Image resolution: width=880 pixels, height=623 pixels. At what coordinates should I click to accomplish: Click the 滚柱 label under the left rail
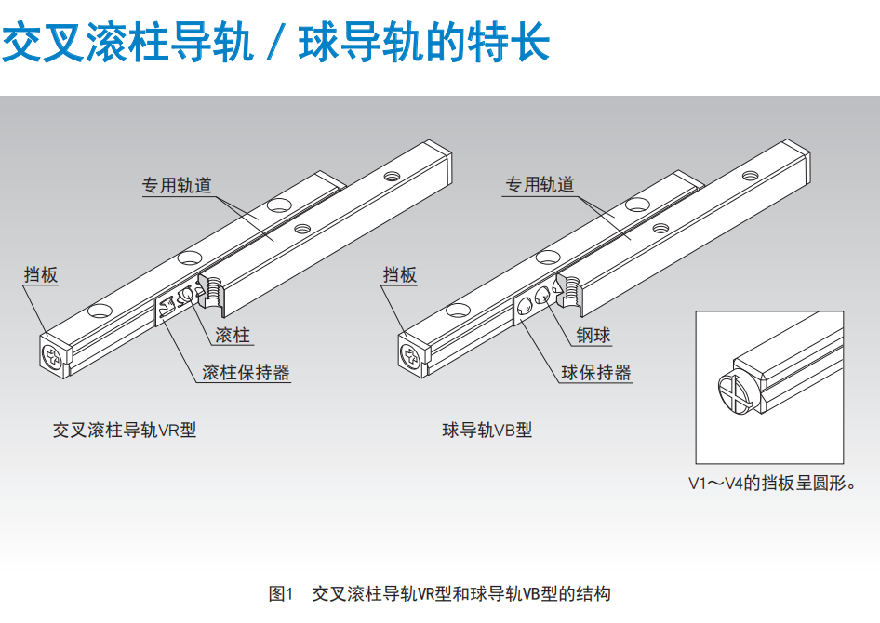point(233,336)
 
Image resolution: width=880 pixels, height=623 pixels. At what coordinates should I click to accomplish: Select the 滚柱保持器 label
point(246,372)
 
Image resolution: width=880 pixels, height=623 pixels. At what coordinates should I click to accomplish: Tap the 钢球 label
point(593,336)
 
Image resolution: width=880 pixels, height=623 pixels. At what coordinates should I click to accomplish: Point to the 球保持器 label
point(596,372)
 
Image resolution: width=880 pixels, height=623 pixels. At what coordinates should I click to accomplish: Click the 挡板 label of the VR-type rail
point(41,274)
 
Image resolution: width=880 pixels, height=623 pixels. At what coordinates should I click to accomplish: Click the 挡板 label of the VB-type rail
point(400,274)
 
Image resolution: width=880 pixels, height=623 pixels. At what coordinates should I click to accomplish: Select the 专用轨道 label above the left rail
point(177,185)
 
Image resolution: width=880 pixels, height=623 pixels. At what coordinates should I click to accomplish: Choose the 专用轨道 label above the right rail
point(540,184)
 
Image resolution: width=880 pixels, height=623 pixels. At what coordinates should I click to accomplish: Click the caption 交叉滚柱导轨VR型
point(125,431)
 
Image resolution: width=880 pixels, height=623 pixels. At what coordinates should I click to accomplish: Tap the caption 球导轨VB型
point(487,431)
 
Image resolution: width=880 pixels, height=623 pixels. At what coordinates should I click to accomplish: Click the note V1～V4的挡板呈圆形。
point(772,483)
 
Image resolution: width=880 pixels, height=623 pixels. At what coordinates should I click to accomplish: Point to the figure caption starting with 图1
point(439,593)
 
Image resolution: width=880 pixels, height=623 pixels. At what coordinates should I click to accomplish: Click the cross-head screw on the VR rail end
point(52,358)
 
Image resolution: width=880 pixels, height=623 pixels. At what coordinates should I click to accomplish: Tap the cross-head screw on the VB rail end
point(410,355)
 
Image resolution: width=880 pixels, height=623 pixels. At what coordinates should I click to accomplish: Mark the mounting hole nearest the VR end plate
point(100,311)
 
